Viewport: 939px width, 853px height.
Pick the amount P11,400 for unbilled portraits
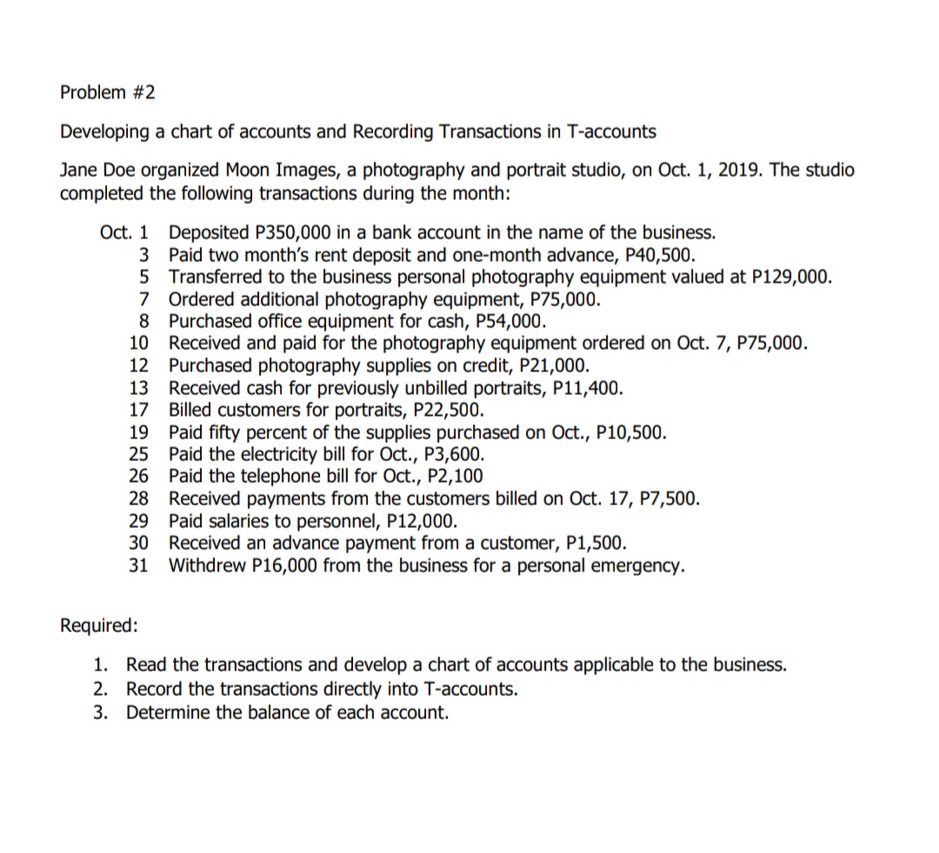point(587,387)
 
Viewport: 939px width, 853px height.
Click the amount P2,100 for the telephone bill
point(456,476)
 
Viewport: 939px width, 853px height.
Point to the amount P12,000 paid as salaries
point(418,522)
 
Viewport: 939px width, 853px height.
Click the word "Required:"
point(98,625)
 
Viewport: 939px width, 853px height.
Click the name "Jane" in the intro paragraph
point(77,170)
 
